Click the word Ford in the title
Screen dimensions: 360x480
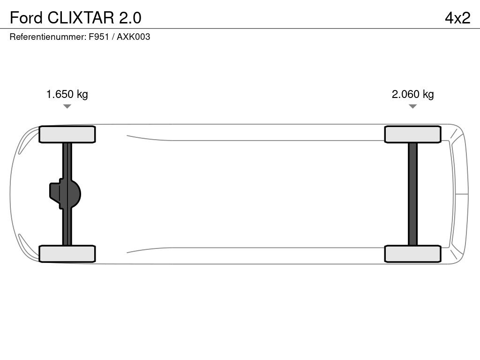click(x=26, y=18)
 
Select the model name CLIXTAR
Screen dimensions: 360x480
click(x=80, y=18)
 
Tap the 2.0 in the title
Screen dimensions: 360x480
click(x=130, y=18)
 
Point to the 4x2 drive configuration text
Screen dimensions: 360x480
click(x=457, y=18)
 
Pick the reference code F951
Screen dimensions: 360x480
click(x=98, y=37)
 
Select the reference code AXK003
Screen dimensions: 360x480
click(x=133, y=37)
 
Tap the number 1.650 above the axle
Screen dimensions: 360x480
click(x=60, y=94)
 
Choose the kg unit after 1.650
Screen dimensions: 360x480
click(x=82, y=95)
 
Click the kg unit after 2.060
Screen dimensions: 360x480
click(x=428, y=95)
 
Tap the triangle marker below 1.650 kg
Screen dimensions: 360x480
click(x=67, y=106)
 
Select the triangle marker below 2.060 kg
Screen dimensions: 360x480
click(x=412, y=106)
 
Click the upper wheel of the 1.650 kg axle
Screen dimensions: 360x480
click(x=67, y=135)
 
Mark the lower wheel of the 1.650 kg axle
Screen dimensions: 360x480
click(x=67, y=254)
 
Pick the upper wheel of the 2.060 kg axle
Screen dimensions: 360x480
click(x=412, y=135)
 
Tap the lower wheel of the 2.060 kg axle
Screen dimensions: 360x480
click(x=412, y=254)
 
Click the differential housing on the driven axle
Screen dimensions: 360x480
click(x=66, y=194)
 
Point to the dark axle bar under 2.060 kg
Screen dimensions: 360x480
click(x=412, y=194)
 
